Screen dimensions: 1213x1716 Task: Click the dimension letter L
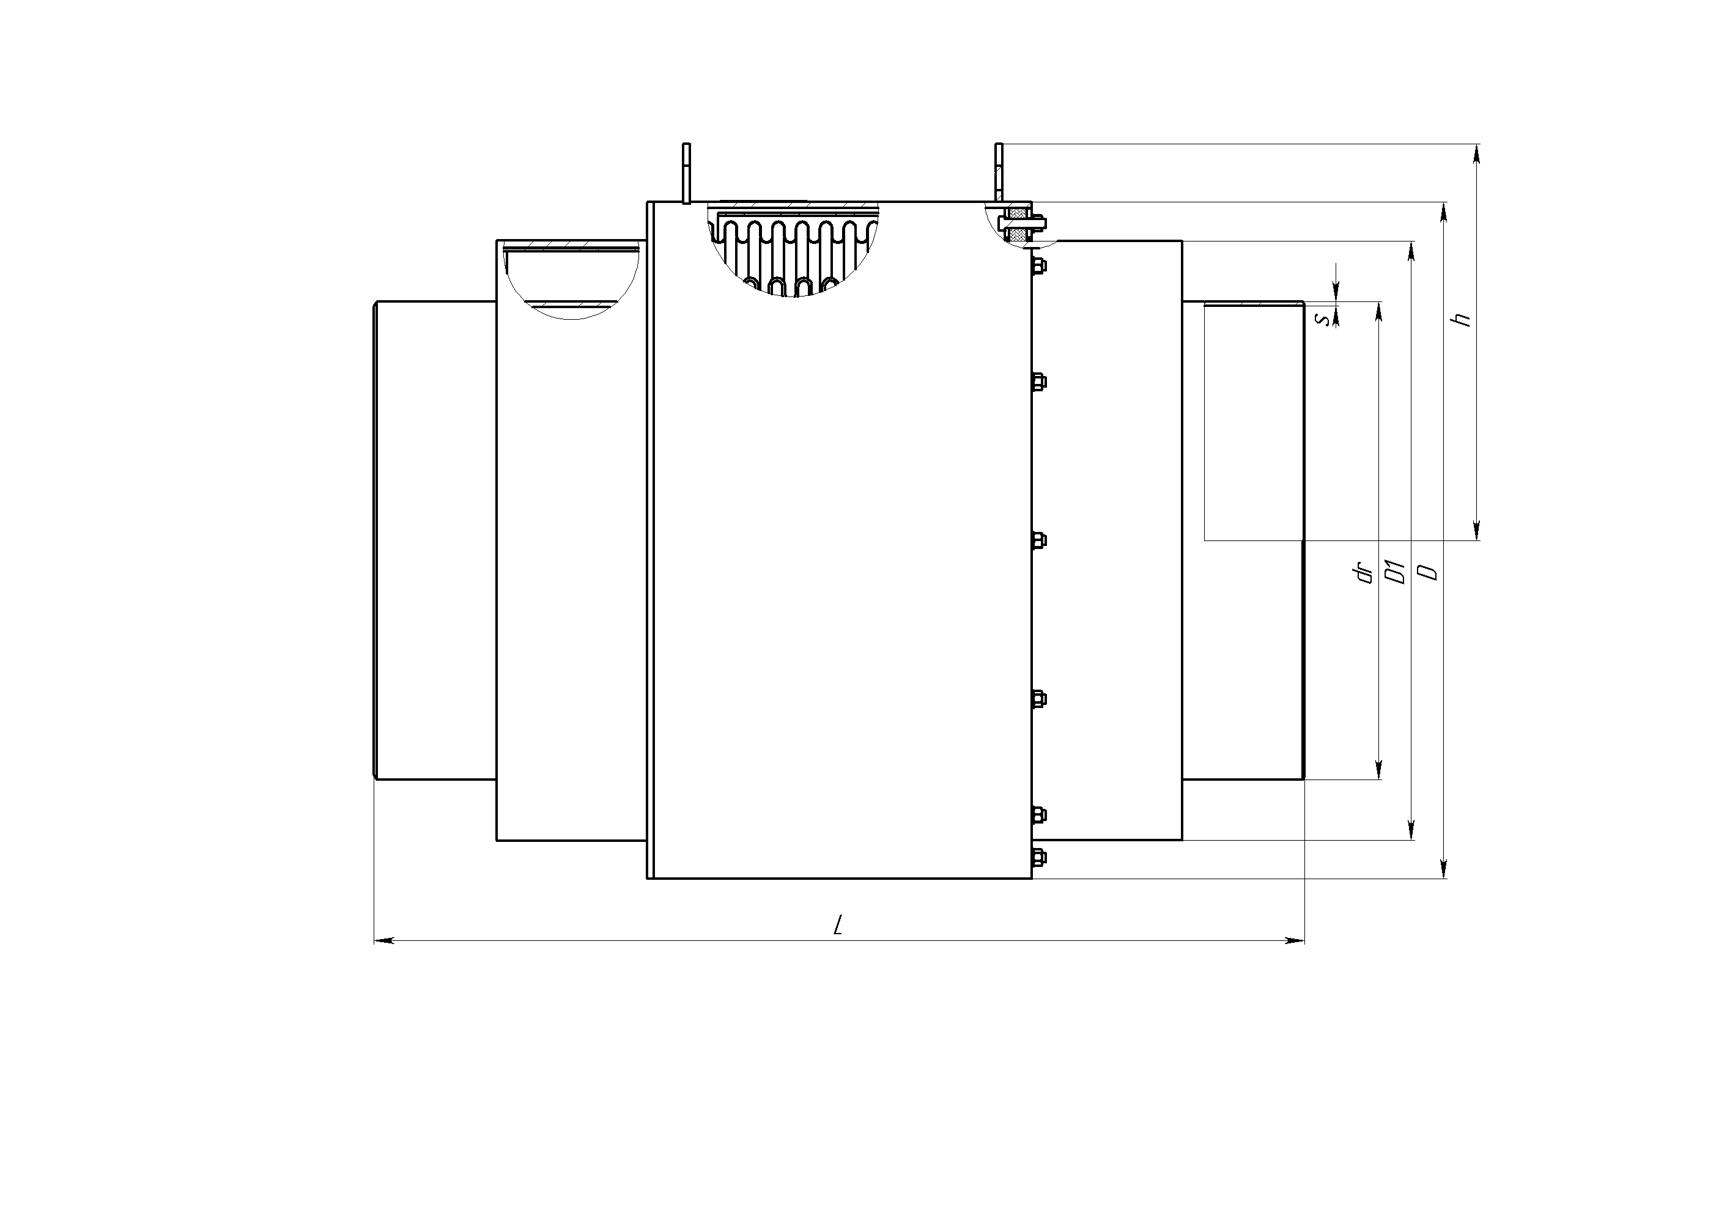point(838,925)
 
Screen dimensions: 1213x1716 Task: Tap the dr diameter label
point(1366,573)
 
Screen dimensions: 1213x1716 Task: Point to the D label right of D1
point(1428,572)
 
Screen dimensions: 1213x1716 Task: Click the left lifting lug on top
point(686,172)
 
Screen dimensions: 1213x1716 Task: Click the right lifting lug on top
point(999,172)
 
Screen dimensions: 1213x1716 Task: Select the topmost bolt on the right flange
point(1038,265)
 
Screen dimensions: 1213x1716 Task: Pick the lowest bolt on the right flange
point(1038,857)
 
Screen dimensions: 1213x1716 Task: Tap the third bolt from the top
point(1038,540)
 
